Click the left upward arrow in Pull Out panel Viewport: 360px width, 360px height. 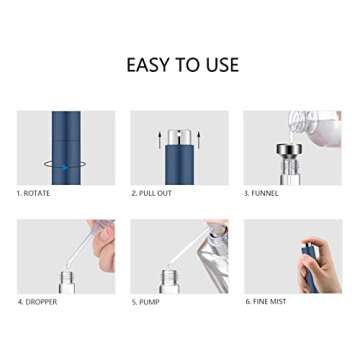(x=158, y=139)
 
